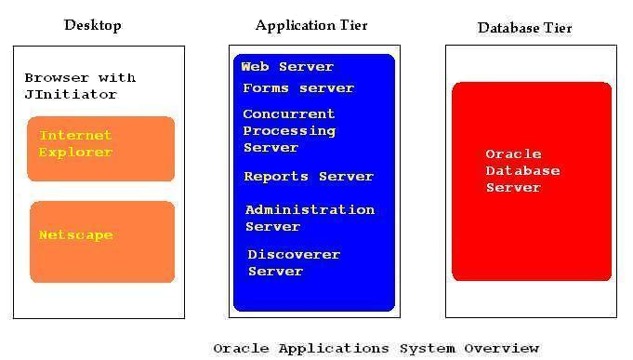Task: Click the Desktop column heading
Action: (92, 25)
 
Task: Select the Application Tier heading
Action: (311, 25)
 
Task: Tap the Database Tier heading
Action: (524, 28)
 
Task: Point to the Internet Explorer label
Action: (75, 144)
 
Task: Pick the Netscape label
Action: (75, 235)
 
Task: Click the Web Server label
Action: (286, 67)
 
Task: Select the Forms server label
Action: (297, 88)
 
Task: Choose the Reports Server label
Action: (308, 177)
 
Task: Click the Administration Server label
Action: (309, 219)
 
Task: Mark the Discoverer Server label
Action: (294, 263)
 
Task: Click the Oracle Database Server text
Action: (522, 171)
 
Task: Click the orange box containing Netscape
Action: (102, 260)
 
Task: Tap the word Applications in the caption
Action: (330, 349)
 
